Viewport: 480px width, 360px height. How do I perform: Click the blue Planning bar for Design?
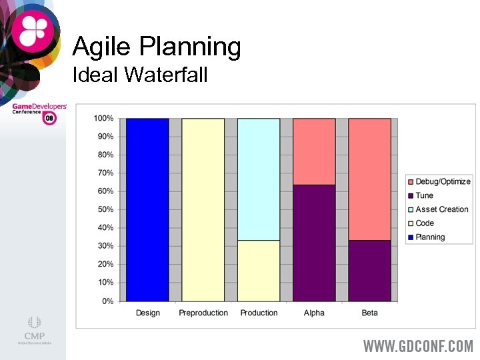point(147,209)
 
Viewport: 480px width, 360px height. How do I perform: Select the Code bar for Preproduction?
point(203,209)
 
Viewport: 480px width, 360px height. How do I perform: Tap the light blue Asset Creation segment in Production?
point(259,179)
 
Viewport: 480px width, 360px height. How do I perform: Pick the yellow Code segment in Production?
point(259,270)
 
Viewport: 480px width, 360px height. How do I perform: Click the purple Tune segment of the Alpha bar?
point(314,243)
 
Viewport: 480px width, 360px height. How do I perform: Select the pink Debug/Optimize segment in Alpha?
point(314,151)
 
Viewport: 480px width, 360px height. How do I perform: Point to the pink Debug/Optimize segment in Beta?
point(369,179)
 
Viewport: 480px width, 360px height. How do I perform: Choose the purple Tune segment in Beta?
point(369,270)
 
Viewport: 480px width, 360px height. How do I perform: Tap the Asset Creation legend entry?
point(441,209)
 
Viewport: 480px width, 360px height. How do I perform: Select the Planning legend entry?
point(430,237)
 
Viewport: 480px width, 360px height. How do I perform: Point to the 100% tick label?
point(103,119)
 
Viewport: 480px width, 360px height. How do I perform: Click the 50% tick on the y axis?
point(105,209)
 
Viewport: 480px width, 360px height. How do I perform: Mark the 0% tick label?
point(107,301)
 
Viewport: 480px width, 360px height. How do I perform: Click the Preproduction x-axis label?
point(203,313)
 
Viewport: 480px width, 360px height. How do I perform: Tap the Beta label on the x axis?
point(369,313)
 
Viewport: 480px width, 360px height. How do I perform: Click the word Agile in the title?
point(100,47)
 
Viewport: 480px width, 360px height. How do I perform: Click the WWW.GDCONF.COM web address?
point(418,347)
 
